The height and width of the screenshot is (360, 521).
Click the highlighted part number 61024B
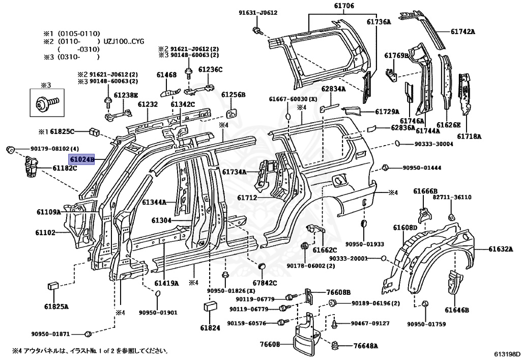[82, 160]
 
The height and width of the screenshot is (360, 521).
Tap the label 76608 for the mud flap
[270, 344]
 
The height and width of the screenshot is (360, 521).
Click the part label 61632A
[502, 249]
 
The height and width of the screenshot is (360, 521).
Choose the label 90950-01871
[50, 334]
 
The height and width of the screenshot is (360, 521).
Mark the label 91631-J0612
[258, 13]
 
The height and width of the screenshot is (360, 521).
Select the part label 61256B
[234, 95]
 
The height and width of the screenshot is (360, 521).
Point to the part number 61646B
[456, 310]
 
